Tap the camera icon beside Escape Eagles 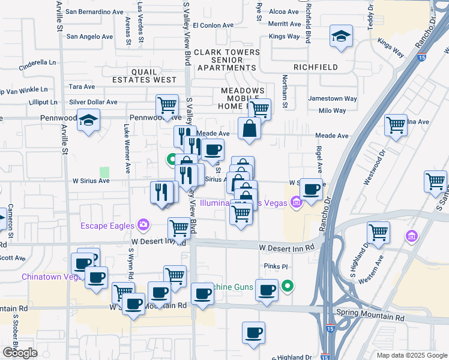pos(143,225)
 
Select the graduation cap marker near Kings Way pos(341,37)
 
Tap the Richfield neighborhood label pos(315,67)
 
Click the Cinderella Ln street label pos(37,62)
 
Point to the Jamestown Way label pos(333,98)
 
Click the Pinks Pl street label pos(276,266)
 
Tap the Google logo pos(20,353)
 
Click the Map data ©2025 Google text pos(412,355)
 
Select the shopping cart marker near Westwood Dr pos(396,125)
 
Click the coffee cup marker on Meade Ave pos(212,149)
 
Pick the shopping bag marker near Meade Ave pos(249,128)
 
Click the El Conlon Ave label pos(213,26)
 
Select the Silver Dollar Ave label pos(93,103)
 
